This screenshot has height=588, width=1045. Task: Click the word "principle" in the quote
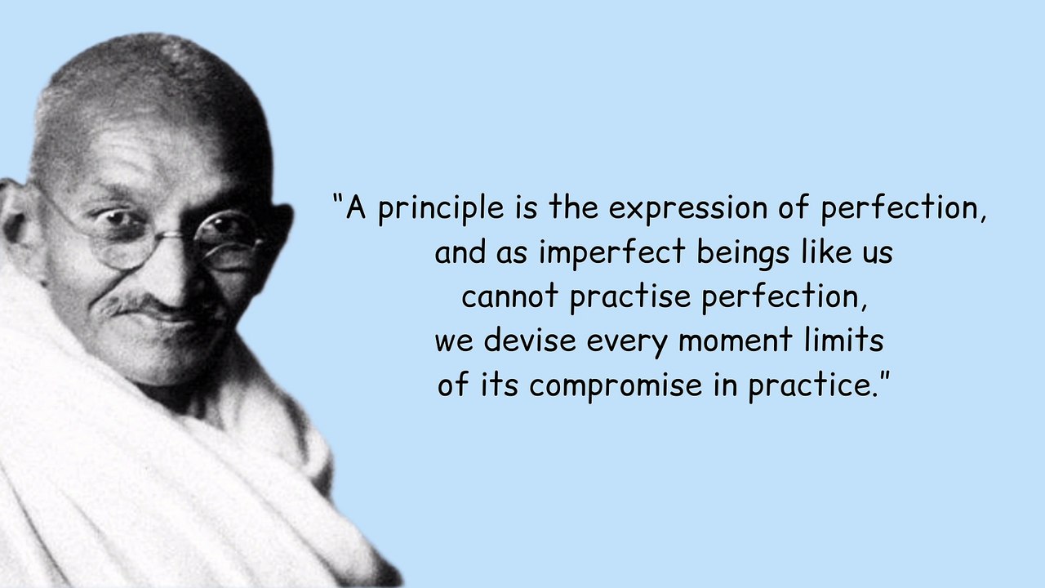point(440,208)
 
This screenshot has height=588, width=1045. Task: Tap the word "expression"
point(688,208)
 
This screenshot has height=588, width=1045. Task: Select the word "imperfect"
point(612,252)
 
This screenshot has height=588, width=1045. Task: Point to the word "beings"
point(743,252)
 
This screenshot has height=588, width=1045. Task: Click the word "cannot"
point(510,296)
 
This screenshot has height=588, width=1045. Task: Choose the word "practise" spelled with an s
point(630,296)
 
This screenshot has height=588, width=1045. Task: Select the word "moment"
point(736,341)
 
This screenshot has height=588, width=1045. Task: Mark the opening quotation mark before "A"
point(337,198)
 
